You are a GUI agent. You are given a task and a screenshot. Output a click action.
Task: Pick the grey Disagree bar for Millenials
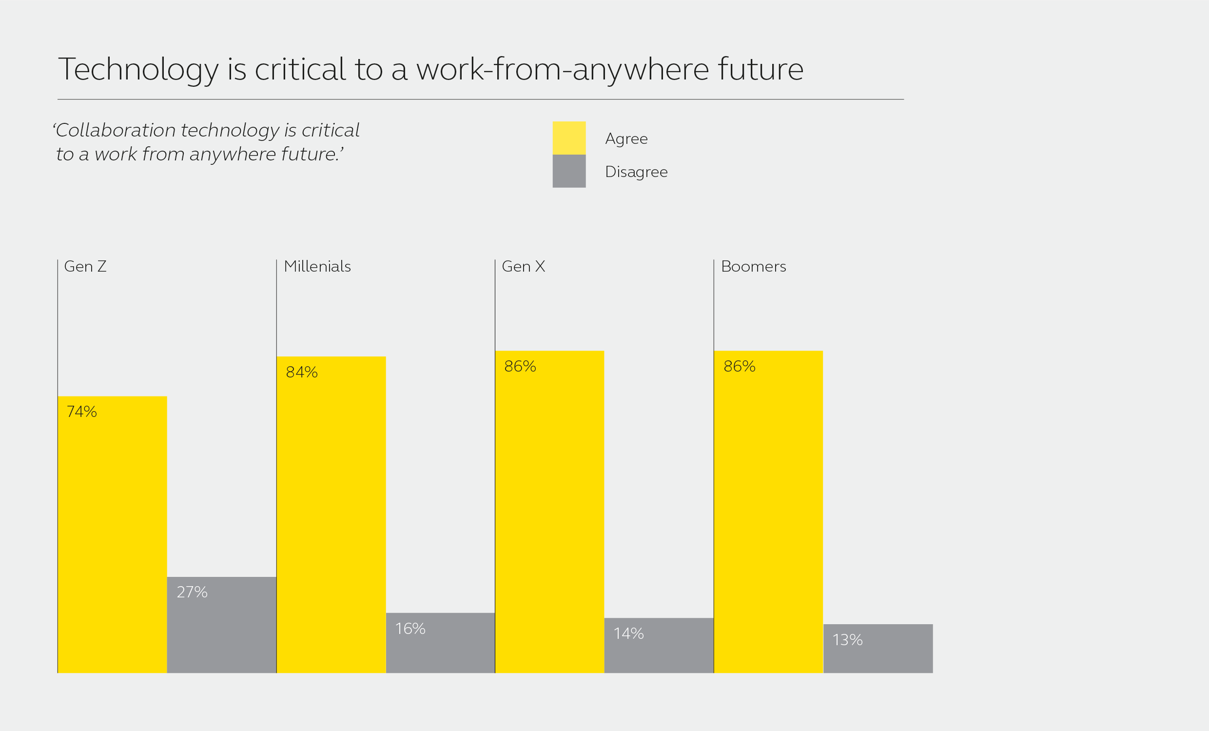tap(440, 643)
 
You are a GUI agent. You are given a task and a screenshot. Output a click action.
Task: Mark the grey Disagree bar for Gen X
tap(659, 645)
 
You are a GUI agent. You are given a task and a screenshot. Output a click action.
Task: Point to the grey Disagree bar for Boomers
tap(878, 649)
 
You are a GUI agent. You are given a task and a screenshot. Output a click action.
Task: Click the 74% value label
tap(82, 412)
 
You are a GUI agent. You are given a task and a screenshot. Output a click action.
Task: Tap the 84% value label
tap(302, 372)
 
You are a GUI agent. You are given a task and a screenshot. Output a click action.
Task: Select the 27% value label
tap(193, 592)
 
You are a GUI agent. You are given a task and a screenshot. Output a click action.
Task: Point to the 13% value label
tap(847, 640)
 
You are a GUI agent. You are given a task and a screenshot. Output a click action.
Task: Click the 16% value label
tap(410, 629)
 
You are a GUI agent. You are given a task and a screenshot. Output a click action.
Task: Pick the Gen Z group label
tap(85, 267)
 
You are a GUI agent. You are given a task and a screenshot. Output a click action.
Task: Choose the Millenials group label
tap(317, 267)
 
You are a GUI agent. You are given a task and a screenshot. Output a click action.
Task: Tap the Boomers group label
tap(754, 267)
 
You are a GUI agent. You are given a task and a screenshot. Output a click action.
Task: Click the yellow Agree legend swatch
tap(569, 138)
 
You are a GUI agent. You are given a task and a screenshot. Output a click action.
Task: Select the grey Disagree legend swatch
tap(569, 171)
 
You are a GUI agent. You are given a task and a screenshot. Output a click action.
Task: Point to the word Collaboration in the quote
tap(116, 130)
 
